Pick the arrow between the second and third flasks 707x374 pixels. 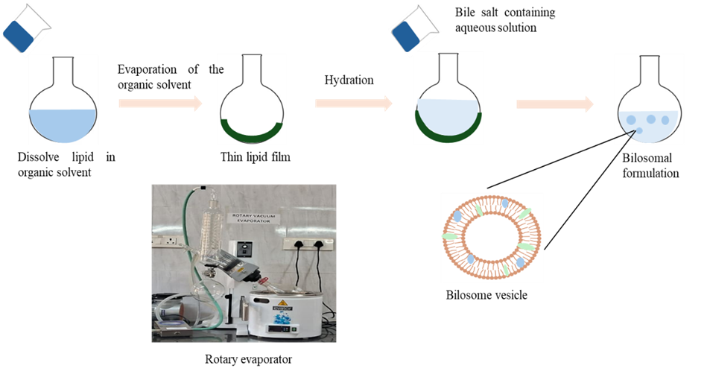(354, 103)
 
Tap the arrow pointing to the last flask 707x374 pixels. (555, 104)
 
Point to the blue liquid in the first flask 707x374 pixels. (63, 124)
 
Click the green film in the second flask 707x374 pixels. (250, 133)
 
